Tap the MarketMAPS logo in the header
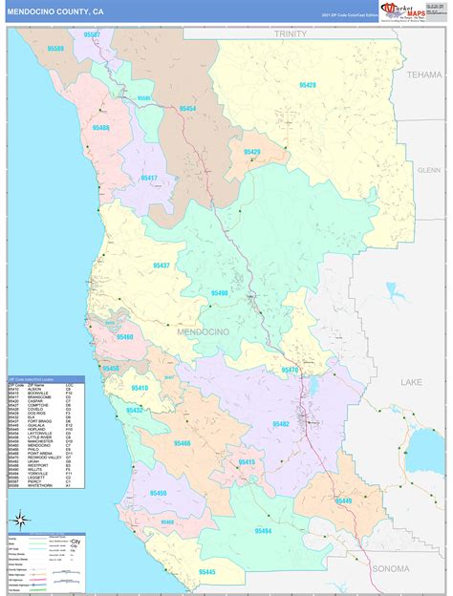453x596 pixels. click(406, 11)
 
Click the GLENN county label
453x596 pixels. click(429, 169)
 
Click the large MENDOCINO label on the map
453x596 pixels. click(202, 330)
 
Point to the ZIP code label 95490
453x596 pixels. click(220, 293)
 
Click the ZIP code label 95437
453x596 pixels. click(161, 266)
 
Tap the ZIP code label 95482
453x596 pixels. click(280, 424)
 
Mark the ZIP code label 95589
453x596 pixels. click(55, 48)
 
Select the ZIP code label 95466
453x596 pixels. click(182, 443)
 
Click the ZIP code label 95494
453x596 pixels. click(262, 530)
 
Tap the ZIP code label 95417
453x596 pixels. click(148, 178)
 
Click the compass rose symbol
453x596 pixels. click(19, 521)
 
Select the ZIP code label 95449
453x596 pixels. click(342, 500)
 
